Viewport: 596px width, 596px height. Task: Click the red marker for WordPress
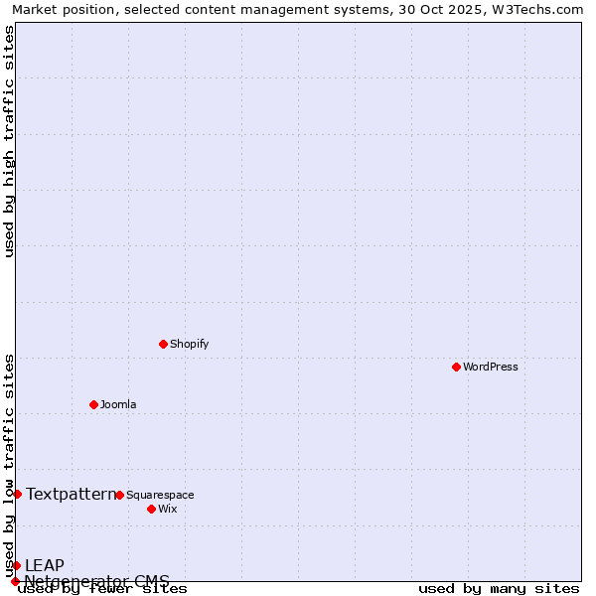point(456,367)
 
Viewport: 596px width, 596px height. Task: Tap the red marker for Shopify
point(163,344)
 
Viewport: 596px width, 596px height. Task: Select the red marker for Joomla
point(93,404)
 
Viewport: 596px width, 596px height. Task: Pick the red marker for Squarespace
point(119,495)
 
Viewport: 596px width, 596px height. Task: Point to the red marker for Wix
point(151,509)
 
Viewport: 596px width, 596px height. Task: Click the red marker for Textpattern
point(17,494)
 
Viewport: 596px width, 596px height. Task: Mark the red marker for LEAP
point(16,565)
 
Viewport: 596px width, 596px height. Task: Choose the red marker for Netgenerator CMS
point(15,581)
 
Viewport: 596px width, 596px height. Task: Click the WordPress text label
point(491,367)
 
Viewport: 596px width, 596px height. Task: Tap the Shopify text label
point(189,344)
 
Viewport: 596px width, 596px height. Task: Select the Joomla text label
point(118,404)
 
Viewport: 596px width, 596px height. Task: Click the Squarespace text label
point(160,495)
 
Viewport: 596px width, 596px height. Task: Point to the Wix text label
point(168,509)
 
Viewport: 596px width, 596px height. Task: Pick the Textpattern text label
point(71,494)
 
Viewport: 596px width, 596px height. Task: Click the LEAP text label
point(45,565)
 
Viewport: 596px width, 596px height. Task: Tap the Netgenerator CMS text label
point(96,581)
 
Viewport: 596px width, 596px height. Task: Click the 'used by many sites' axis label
point(499,589)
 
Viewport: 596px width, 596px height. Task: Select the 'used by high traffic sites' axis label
point(9,141)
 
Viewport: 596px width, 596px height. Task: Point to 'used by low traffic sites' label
point(9,465)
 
